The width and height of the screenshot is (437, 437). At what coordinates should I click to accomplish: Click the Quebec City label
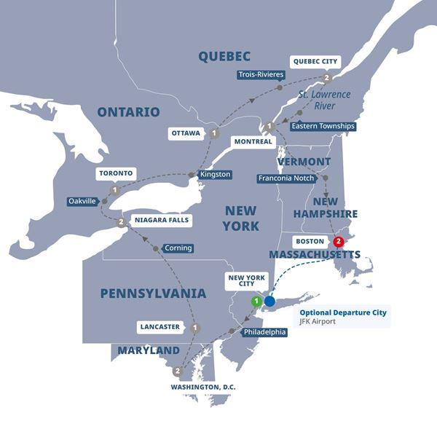(315, 61)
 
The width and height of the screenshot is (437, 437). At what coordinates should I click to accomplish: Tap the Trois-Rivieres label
(261, 74)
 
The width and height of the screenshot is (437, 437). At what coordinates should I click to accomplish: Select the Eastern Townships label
(323, 126)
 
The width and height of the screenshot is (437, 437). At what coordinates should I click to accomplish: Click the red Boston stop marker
(338, 242)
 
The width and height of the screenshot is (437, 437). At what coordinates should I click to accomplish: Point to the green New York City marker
(256, 300)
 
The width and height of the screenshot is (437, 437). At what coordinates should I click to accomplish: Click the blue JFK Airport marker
(269, 300)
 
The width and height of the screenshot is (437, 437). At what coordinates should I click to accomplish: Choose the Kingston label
(215, 174)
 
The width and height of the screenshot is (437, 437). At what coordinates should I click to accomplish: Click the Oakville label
(82, 201)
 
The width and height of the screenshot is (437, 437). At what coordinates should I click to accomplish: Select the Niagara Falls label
(162, 219)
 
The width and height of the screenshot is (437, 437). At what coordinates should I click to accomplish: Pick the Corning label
(178, 248)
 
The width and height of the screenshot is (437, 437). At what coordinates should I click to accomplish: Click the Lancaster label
(159, 327)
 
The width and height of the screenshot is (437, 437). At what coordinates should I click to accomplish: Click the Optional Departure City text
(343, 312)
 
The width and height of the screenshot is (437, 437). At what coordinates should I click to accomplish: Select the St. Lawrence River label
(324, 100)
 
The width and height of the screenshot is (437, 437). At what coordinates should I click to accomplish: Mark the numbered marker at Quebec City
(328, 78)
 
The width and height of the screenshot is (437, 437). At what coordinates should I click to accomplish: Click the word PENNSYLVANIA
(153, 293)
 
